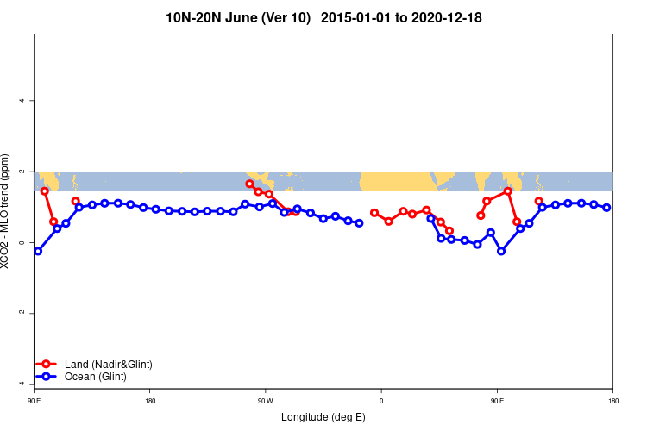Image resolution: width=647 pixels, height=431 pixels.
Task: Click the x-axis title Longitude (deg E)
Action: (323, 417)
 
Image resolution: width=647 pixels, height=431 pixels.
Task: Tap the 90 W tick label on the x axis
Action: (265, 401)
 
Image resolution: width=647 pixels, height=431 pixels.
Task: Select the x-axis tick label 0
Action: (380, 401)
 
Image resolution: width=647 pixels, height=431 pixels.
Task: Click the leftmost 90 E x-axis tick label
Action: (35, 401)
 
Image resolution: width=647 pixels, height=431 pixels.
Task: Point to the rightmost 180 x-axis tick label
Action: (612, 401)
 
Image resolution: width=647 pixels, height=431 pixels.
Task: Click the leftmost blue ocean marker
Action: (38, 251)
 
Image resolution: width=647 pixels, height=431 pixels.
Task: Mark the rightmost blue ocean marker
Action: (607, 207)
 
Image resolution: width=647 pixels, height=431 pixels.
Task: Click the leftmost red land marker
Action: (45, 191)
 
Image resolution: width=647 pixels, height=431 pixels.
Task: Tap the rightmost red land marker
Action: (539, 201)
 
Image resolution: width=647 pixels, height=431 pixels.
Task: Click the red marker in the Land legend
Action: (47, 365)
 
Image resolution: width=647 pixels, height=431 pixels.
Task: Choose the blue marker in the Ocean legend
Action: (47, 377)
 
